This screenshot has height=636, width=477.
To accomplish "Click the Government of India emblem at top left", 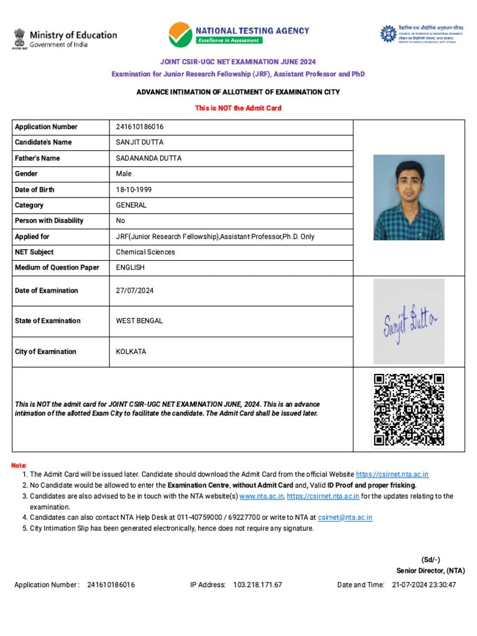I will tap(19, 39).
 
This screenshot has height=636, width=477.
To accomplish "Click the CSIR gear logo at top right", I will tap(388, 34).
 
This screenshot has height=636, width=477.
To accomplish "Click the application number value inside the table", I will tap(140, 127).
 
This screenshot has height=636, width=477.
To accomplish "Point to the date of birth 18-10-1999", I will tap(135, 189).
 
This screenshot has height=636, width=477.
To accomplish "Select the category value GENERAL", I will tap(131, 205).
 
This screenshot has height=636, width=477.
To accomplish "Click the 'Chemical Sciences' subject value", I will tap(145, 252).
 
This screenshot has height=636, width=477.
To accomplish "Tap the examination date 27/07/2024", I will tap(135, 291).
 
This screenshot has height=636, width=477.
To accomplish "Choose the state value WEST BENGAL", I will tap(139, 321).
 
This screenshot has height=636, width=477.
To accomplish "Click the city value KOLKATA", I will tap(131, 352).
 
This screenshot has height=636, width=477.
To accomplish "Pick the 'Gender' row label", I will tap(26, 174).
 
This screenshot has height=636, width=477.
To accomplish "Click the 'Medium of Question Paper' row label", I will tap(57, 268).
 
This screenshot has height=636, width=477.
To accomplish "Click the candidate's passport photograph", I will tap(409, 198).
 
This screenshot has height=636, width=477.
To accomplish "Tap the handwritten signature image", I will tap(409, 321).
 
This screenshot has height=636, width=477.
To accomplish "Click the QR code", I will tap(409, 409).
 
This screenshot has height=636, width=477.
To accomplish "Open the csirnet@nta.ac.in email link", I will tap(345, 517).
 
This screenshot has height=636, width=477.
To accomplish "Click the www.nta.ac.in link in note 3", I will tap(261, 496).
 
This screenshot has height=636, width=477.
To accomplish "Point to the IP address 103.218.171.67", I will tap(257, 585).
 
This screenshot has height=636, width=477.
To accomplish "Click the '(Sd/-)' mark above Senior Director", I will tap(430, 560).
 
